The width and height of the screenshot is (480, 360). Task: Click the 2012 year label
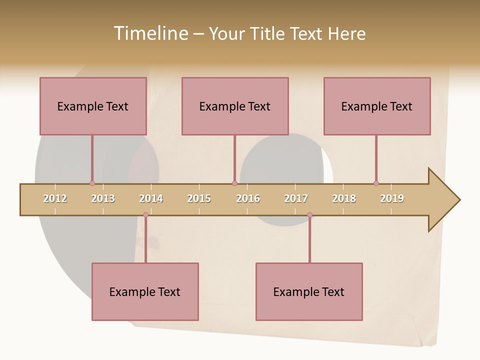coord(55,198)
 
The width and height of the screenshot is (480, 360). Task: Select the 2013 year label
coord(103,198)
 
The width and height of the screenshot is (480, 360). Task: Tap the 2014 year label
coord(151,198)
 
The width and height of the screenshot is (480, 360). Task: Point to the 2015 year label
coord(199,198)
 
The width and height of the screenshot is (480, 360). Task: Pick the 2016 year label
coord(248,198)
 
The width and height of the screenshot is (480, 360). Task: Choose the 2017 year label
coord(296,198)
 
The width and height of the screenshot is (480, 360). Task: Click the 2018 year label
coord(344,198)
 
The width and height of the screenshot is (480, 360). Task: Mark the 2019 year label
coord(392,198)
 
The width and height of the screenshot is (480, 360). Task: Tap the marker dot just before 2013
coord(92,183)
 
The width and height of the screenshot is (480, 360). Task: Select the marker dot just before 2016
coord(234,183)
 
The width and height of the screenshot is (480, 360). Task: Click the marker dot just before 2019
coord(376,183)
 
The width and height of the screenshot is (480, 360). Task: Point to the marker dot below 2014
coord(145,215)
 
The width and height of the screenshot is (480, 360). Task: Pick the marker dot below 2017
coord(309,215)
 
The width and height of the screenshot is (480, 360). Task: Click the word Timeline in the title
coord(150,33)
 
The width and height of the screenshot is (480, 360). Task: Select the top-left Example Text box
coord(93,106)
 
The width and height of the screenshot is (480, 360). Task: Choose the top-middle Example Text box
coord(235,106)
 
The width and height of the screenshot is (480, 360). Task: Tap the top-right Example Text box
coord(377,106)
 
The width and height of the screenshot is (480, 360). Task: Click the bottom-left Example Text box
coord(145,291)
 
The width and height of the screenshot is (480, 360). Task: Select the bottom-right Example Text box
coord(309,291)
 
